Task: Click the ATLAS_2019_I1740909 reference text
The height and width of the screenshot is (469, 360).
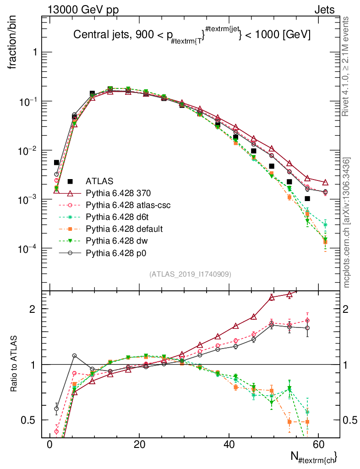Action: point(190,274)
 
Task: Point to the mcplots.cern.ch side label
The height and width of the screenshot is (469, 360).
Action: point(347,222)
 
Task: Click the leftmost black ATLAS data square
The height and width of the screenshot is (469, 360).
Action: point(56,163)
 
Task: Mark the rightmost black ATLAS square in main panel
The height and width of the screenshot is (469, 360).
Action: point(307,198)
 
